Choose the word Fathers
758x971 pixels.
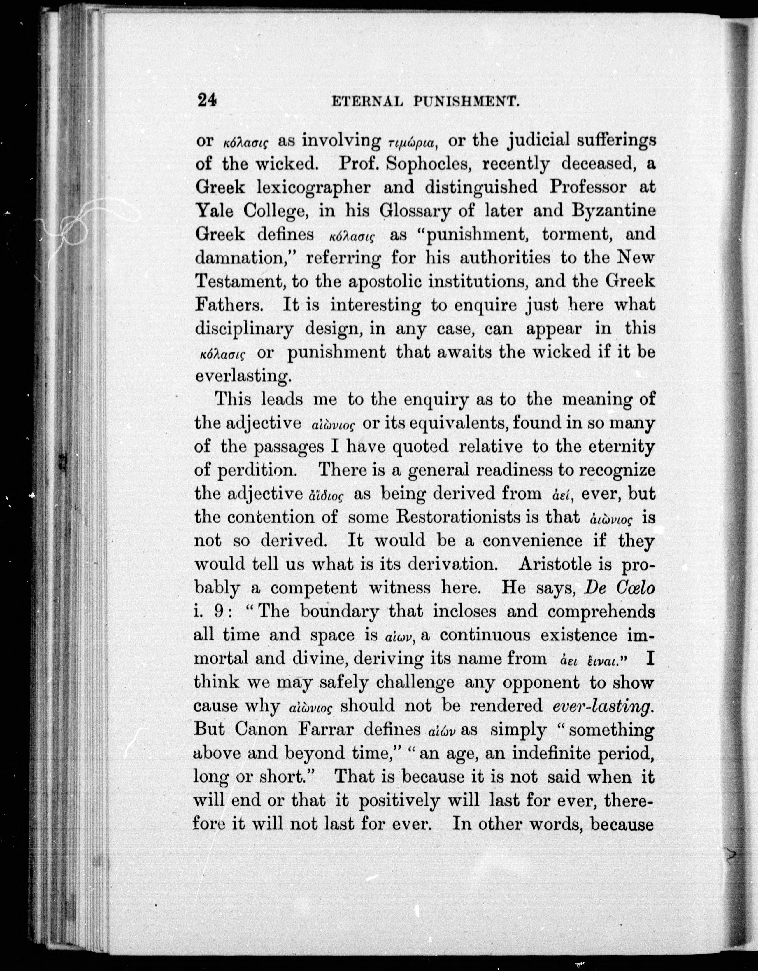tap(230, 305)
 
